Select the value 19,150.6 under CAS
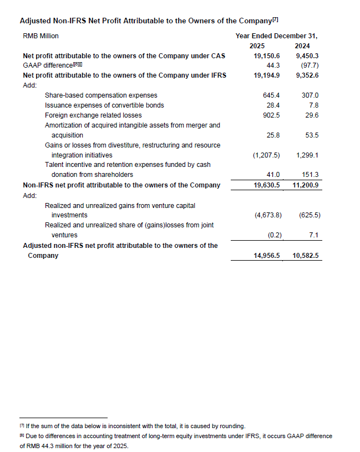(x=267, y=56)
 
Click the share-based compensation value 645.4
(x=271, y=95)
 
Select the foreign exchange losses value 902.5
(x=271, y=115)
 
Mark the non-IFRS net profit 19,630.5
(x=267, y=185)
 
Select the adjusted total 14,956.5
(x=267, y=256)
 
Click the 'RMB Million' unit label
(x=40, y=36)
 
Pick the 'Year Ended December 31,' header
(x=280, y=36)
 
